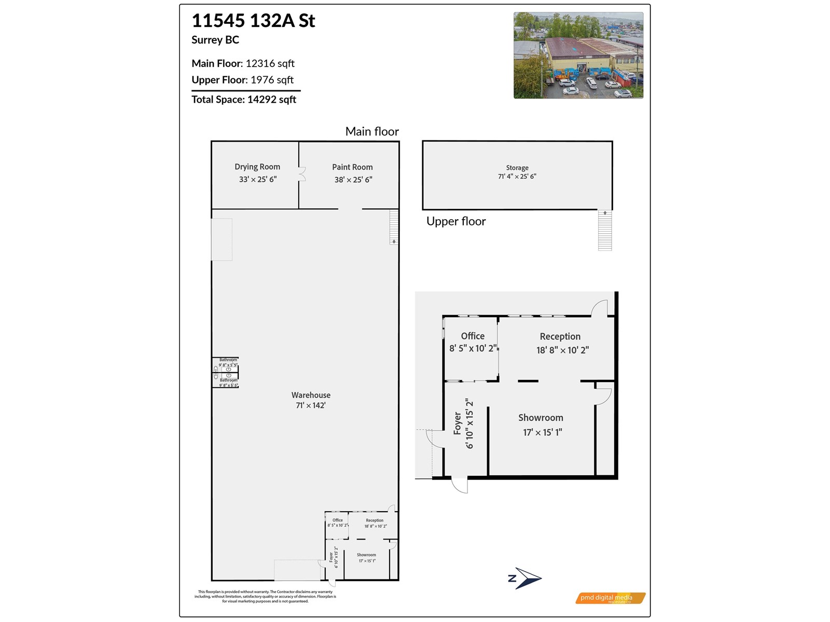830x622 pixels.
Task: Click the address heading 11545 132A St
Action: click(x=253, y=21)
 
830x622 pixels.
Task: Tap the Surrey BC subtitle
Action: click(x=215, y=40)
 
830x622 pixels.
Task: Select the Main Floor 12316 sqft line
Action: click(x=243, y=63)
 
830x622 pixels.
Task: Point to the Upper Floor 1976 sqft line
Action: click(x=242, y=80)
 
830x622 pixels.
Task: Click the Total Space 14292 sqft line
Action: click(x=244, y=100)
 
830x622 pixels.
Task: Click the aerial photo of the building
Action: click(x=578, y=55)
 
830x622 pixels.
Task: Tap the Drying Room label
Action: click(x=257, y=167)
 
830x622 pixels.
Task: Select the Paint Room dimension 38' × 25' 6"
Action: click(x=353, y=180)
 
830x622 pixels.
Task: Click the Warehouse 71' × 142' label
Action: click(x=311, y=400)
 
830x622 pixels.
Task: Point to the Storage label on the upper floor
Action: click(x=517, y=168)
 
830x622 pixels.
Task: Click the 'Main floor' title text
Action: click(x=372, y=132)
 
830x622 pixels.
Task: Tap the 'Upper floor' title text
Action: click(x=456, y=221)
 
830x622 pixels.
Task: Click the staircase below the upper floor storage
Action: click(x=605, y=231)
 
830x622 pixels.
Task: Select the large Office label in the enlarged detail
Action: click(x=473, y=336)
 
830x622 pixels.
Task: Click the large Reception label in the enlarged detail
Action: click(x=560, y=337)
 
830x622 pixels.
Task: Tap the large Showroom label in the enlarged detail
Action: click(x=541, y=418)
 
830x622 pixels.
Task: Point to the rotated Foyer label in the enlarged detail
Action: click(x=458, y=423)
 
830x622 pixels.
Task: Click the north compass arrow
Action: click(x=525, y=578)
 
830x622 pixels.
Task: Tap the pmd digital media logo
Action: click(x=610, y=598)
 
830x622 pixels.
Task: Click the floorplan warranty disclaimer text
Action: click(x=265, y=597)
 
